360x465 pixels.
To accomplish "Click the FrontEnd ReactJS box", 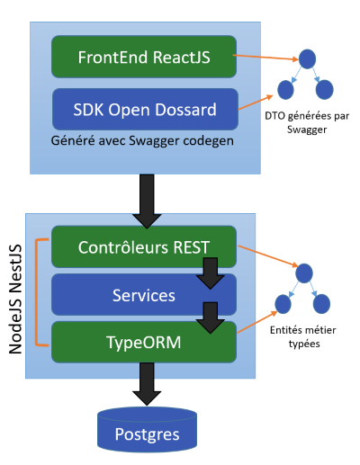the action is pos(144,57).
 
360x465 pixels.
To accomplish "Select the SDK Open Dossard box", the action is pos(145,109).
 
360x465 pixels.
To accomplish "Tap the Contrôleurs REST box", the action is pos(144,246).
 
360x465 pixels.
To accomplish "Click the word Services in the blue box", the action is pos(144,295).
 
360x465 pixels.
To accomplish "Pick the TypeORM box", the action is pos(144,342).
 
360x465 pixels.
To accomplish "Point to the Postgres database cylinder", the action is pos(147,430).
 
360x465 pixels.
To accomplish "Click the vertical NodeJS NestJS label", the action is pos(15,300).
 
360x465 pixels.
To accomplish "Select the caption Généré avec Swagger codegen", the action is pos(142,140).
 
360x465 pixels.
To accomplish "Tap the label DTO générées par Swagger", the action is pos(307,122).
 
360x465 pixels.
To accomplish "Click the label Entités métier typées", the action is pos(303,336).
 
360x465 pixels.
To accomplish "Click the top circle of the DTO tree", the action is pos(307,59).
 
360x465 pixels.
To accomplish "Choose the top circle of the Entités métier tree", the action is pos(304,273).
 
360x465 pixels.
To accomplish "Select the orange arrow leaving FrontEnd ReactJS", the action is pos(265,58).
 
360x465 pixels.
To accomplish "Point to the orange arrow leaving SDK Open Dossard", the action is pos(256,103).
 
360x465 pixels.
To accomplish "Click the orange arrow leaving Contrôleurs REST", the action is pos(268,255).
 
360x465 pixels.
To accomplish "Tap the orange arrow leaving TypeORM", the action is pos(257,322).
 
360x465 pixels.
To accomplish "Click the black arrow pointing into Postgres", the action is pos(147,384).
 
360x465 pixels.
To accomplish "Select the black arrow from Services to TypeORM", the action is pos(211,317).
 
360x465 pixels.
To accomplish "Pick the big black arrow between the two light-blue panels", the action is pos(147,201).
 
